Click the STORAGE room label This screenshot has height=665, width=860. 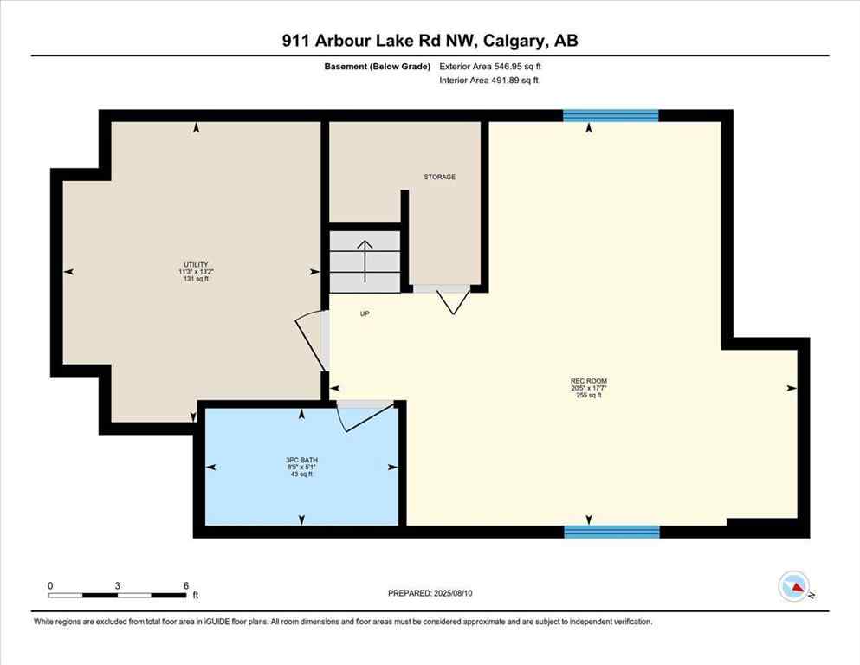click(x=439, y=177)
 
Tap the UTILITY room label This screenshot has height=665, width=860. click(x=195, y=264)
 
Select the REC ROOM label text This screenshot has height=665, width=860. click(x=588, y=381)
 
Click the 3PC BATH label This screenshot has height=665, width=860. click(x=301, y=460)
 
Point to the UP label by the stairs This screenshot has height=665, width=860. click(x=365, y=314)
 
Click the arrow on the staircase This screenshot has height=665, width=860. click(x=365, y=261)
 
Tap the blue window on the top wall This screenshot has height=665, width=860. click(x=611, y=115)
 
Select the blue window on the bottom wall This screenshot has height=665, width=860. click(x=611, y=532)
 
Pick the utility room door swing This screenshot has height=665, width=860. click(x=310, y=339)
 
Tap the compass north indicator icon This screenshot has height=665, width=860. click(x=793, y=587)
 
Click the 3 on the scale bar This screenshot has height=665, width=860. click(x=117, y=585)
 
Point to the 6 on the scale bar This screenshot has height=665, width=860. click(x=186, y=585)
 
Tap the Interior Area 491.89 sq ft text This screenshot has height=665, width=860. click(x=489, y=81)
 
